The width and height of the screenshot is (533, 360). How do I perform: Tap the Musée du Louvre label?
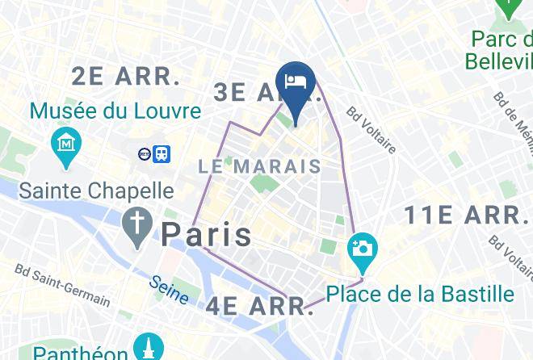(x=115, y=111)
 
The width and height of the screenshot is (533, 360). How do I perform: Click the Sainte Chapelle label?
(x=96, y=190)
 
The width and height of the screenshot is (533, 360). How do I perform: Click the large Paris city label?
(x=206, y=234)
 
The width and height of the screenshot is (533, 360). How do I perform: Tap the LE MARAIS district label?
(x=259, y=167)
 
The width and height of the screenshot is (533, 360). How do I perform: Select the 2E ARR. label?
(x=125, y=77)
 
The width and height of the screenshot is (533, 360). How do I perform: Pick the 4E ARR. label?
(x=259, y=307)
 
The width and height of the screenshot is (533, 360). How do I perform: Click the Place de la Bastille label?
(x=420, y=293)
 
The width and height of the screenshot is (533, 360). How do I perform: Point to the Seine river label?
(x=170, y=290)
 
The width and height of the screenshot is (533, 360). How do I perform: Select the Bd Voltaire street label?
(x=371, y=129)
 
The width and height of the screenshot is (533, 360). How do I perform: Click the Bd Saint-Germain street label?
(x=62, y=284)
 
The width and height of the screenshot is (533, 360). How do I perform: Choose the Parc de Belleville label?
(x=501, y=49)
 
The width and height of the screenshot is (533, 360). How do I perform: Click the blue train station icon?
(x=163, y=153)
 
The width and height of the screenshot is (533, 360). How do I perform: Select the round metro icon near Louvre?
(x=145, y=153)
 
